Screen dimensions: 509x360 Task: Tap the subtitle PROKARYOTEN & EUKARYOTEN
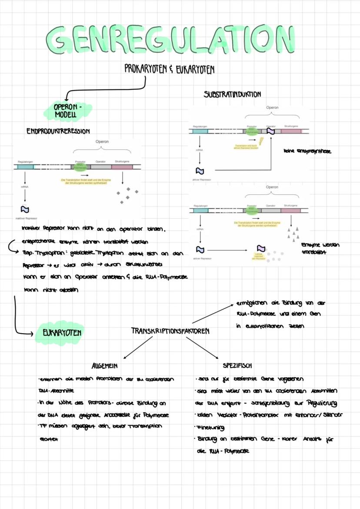click(169, 70)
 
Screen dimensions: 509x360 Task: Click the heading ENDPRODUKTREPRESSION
click(58, 131)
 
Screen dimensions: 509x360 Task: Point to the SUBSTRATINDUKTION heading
click(232, 94)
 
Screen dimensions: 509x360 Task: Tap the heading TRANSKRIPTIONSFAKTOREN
click(170, 331)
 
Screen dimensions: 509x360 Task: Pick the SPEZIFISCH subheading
click(237, 366)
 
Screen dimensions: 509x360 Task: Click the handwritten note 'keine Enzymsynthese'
click(307, 151)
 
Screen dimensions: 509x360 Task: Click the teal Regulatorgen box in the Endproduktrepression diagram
click(26, 166)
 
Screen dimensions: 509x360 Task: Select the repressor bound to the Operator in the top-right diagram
click(271, 131)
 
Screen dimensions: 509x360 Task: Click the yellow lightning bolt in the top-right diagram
click(261, 141)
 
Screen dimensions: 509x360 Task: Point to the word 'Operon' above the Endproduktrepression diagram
click(102, 141)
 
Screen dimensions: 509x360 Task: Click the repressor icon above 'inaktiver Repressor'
click(25, 210)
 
